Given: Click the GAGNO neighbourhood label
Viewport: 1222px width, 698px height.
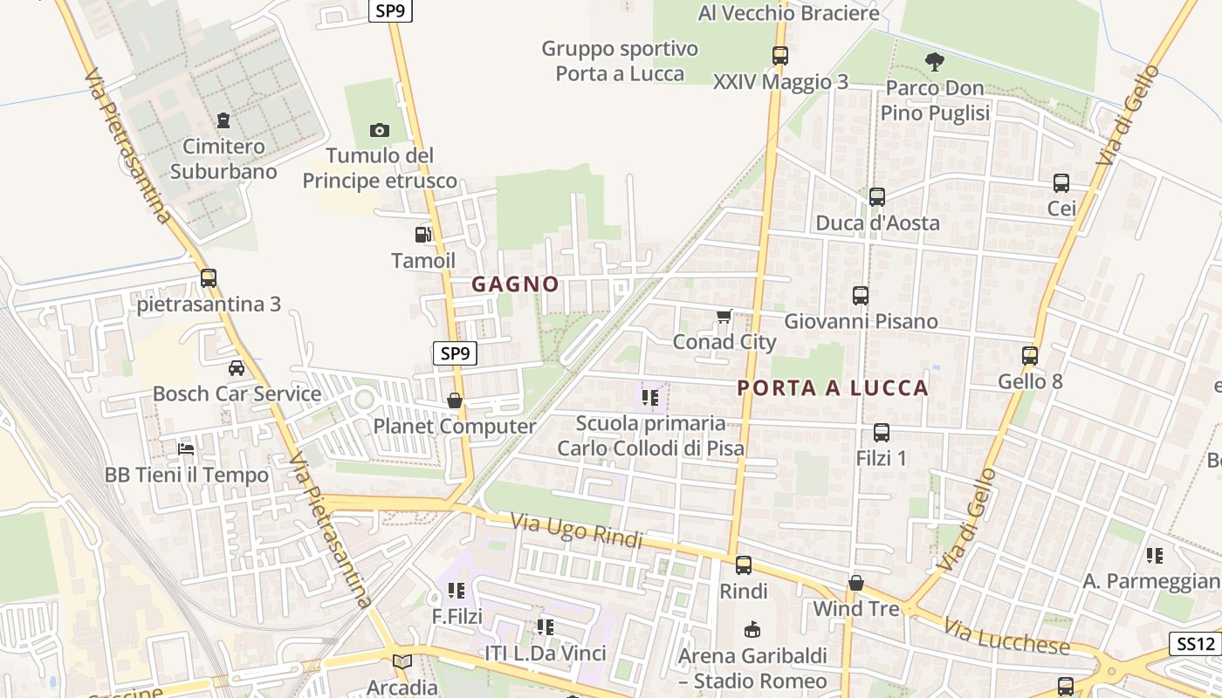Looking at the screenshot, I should click(515, 284).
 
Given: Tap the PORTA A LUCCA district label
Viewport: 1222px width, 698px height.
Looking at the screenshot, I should click(833, 388).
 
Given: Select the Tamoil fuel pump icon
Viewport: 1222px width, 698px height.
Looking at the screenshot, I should click(422, 234).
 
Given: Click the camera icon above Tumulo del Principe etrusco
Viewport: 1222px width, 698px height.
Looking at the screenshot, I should click(379, 130).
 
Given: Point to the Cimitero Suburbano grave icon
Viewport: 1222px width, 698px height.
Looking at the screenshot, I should click(223, 120).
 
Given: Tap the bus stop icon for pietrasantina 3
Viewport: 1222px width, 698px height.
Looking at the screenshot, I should click(208, 278).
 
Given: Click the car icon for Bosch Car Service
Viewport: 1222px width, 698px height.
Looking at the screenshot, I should click(236, 367).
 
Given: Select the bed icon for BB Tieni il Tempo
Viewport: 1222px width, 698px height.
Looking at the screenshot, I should click(186, 449).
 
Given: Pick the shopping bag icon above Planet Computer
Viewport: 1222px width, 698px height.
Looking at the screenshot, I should click(454, 400).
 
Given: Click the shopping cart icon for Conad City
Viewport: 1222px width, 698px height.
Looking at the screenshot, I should click(724, 316).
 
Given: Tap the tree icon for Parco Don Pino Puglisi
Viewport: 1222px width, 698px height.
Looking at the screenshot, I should click(934, 61).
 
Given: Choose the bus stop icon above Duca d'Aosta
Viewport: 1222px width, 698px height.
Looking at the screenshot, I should click(877, 197).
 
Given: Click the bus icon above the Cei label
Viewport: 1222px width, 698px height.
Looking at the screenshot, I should click(1061, 183).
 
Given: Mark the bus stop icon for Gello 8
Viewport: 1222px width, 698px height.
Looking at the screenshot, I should click(1030, 356).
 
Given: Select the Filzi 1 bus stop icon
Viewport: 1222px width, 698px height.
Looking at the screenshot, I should click(882, 432).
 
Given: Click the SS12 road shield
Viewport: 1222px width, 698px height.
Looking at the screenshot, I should click(1195, 644).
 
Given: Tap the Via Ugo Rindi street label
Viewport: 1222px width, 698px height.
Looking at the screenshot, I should click(576, 531).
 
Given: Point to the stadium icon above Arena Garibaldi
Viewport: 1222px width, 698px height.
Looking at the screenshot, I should click(752, 628).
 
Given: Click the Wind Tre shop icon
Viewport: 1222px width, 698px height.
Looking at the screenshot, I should click(856, 583).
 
